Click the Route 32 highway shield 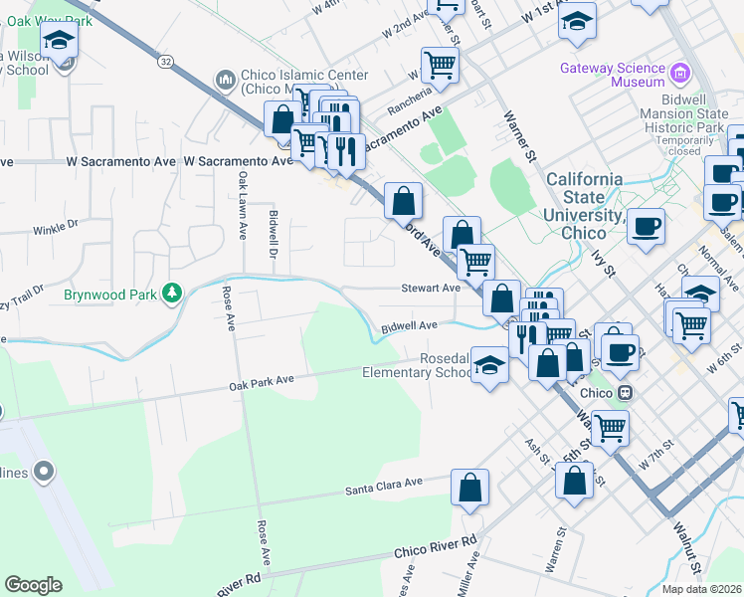(x=165, y=62)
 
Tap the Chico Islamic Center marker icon (x=225, y=79)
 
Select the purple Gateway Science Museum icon (x=679, y=72)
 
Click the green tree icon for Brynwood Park (x=173, y=293)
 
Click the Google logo (x=33, y=585)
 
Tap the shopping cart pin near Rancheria (x=440, y=66)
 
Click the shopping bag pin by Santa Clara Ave (x=470, y=489)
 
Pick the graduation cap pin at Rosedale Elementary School (x=490, y=365)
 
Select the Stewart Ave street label (x=430, y=288)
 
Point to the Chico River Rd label (x=435, y=546)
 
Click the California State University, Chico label (x=585, y=205)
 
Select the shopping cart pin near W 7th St (x=611, y=427)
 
